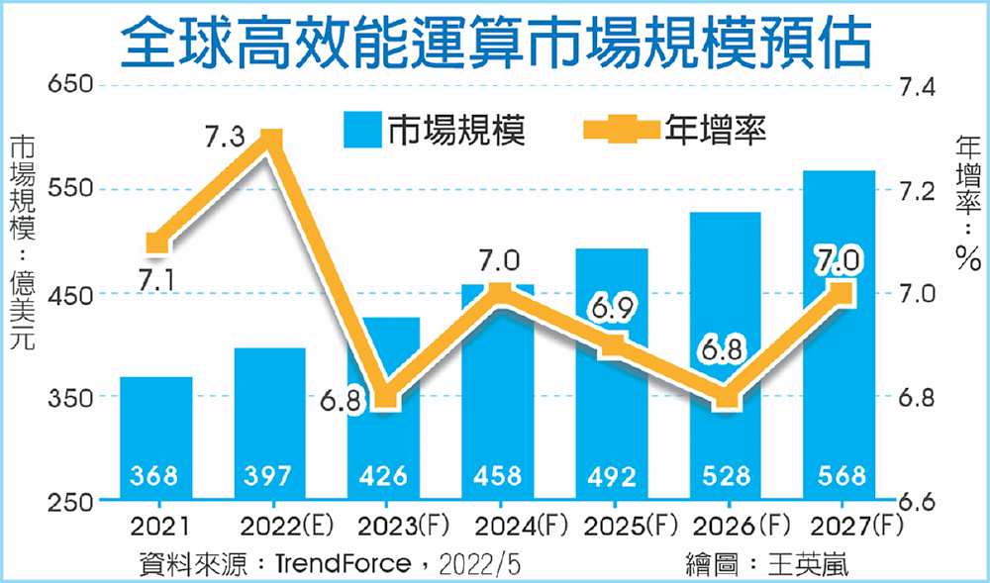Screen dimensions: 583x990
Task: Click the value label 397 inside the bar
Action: click(x=269, y=476)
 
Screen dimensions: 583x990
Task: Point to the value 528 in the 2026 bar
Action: click(x=726, y=476)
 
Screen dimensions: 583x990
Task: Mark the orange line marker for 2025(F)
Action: click(x=613, y=345)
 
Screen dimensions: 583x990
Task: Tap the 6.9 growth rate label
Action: click(x=614, y=307)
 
